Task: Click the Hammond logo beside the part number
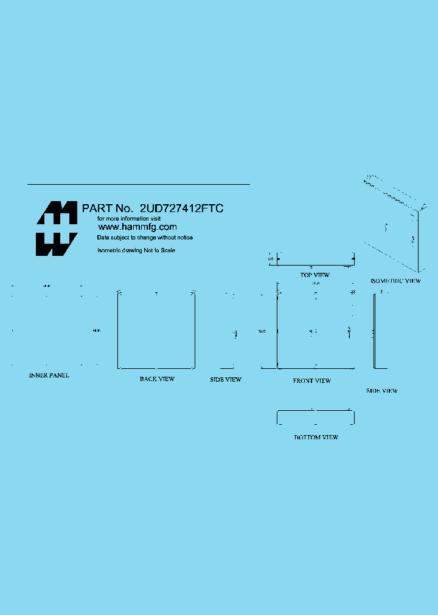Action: (x=57, y=228)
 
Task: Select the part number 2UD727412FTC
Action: (x=182, y=208)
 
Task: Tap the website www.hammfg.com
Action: (x=137, y=227)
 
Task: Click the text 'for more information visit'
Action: (x=130, y=218)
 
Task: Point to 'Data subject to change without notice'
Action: (x=145, y=238)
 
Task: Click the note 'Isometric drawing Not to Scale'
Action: (x=136, y=250)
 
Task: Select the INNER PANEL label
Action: (x=49, y=376)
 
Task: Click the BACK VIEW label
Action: (x=157, y=379)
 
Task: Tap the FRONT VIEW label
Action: (x=312, y=381)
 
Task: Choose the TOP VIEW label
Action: (x=315, y=275)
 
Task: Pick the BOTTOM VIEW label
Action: (x=316, y=438)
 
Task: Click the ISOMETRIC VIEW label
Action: (x=395, y=281)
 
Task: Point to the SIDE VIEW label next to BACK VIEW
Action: (x=226, y=380)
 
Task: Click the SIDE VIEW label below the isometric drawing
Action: (x=382, y=391)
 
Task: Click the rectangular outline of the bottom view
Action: (x=315, y=417)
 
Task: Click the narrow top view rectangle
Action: (x=315, y=260)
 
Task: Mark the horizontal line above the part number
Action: (x=139, y=184)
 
